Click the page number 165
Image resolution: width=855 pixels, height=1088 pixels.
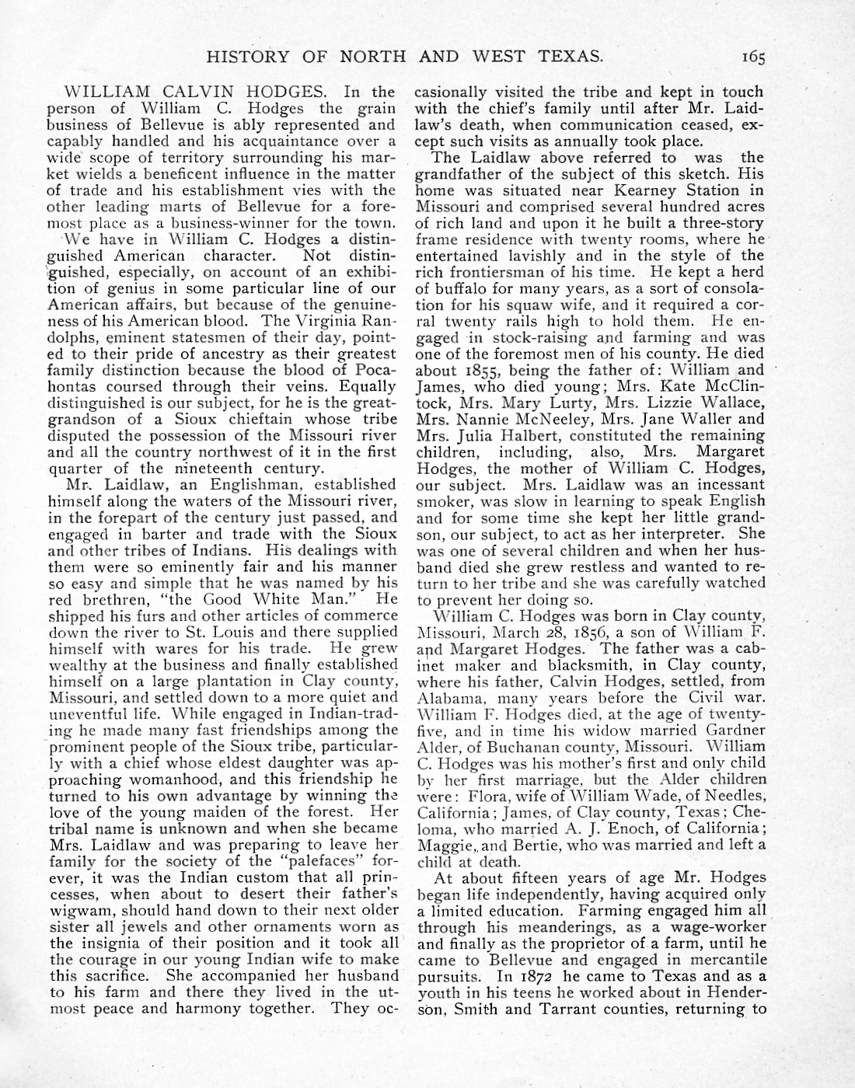[x=752, y=57]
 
